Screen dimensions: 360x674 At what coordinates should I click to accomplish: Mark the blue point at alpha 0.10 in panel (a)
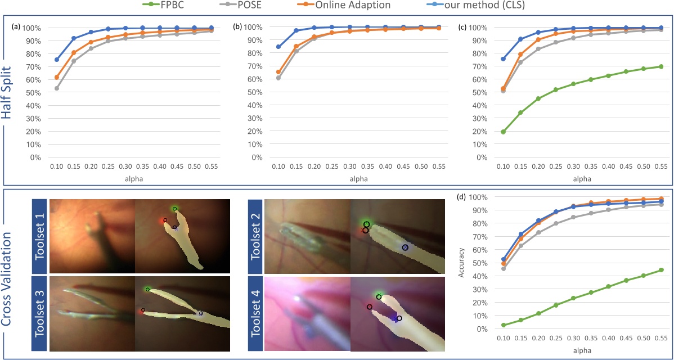(56, 59)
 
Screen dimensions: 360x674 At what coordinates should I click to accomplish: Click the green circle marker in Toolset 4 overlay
(379, 296)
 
